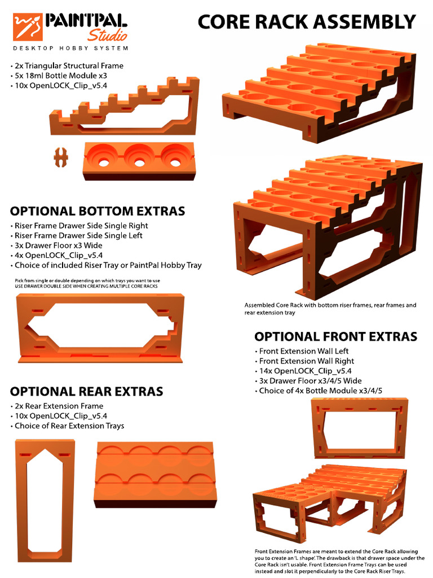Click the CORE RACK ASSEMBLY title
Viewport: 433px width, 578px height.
307,22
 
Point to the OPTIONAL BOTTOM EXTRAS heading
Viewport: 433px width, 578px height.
97,211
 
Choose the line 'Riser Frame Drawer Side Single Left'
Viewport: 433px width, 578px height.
78,235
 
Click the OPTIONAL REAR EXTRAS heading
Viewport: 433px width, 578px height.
86,391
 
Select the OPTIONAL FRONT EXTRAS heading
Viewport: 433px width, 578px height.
335,337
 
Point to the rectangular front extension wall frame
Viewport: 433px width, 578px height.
359,427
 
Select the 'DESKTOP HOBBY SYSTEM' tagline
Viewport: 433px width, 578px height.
70,49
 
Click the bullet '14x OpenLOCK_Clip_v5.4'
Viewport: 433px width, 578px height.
305,371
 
